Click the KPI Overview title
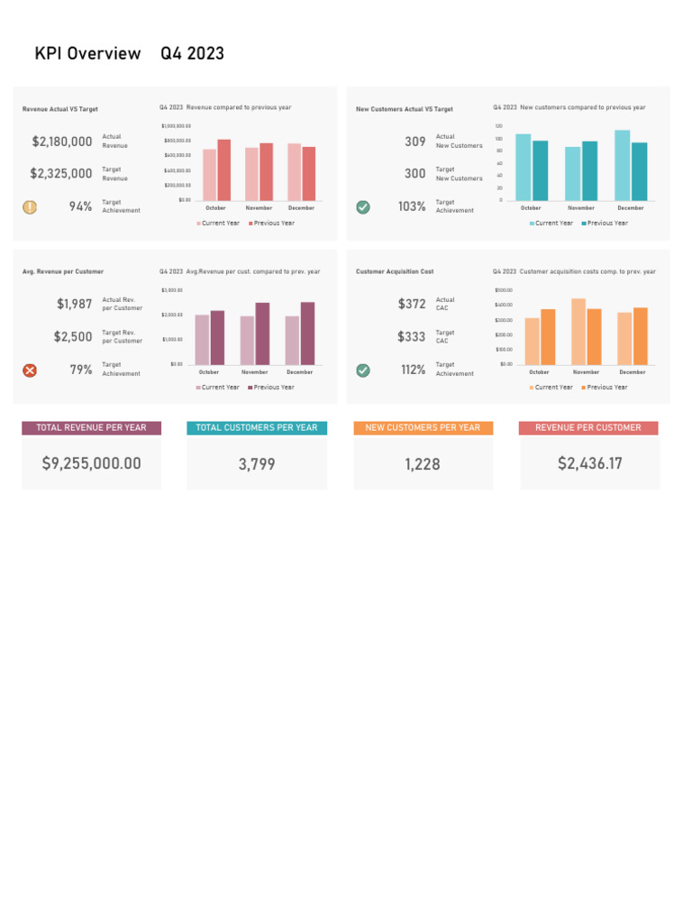(87, 54)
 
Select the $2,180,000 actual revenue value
(62, 142)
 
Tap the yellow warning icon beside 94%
(30, 207)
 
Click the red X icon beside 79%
(30, 370)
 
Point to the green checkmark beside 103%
(363, 207)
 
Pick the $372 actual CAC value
(412, 305)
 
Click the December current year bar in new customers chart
(623, 166)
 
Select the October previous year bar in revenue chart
(223, 170)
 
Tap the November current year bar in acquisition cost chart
(578, 332)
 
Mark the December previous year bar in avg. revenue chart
(308, 334)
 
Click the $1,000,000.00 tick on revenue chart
(176, 126)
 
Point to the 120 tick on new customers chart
(498, 126)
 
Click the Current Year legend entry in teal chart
(551, 224)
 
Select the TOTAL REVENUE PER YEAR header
(91, 428)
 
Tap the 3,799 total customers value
(257, 465)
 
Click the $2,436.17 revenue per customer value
(589, 464)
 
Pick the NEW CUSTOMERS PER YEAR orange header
(423, 428)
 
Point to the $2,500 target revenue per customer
(73, 337)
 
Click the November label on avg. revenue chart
(254, 372)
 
